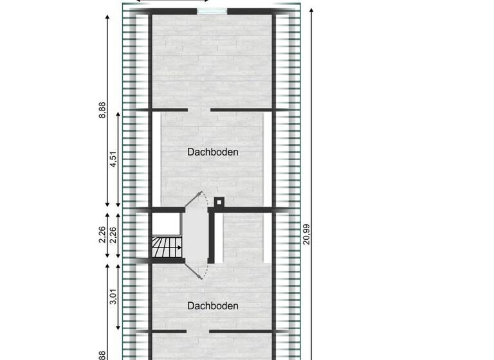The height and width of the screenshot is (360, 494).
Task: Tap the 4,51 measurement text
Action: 113,158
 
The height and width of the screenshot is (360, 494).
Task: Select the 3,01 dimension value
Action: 113,296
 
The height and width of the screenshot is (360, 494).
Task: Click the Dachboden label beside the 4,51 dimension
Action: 213,152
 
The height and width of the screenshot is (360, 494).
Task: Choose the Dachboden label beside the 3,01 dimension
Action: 213,306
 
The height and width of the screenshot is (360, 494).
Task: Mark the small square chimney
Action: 219,202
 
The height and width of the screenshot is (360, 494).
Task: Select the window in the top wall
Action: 212,11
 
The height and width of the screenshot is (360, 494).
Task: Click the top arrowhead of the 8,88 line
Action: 107,14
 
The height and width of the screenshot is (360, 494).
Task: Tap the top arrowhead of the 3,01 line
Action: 118,265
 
